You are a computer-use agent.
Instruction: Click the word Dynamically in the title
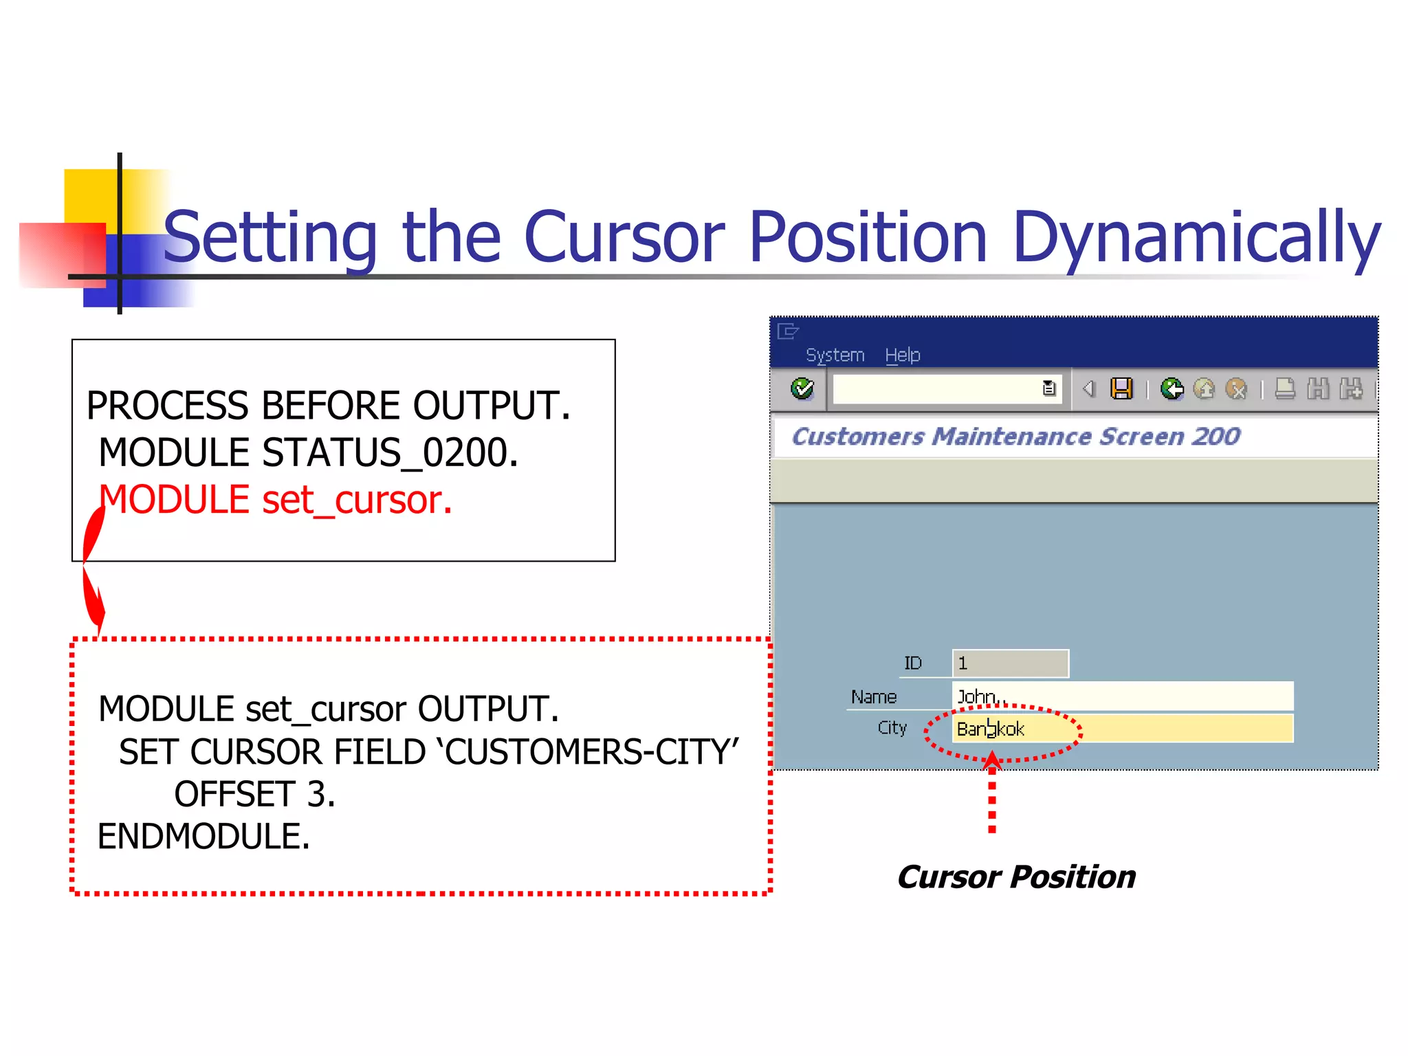pos(1196,237)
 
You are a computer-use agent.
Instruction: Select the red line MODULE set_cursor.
pos(275,500)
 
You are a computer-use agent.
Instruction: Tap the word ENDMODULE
pos(203,837)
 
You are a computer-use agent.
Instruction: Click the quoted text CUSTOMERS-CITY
pos(591,752)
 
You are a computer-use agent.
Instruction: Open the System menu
pos(835,355)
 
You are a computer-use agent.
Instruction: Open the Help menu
pos(902,355)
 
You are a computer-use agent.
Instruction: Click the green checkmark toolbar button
pos(802,389)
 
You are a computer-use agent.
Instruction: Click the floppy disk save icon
pos(1121,389)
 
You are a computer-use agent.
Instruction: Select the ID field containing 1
pos(1009,663)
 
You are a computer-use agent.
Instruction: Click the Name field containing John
pos(1122,696)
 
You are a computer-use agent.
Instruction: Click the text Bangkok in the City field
pos(990,729)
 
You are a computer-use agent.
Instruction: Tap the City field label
pos(892,728)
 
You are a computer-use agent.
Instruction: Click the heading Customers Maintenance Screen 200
pos(1015,437)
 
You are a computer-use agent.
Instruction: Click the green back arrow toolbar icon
pos(1171,389)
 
